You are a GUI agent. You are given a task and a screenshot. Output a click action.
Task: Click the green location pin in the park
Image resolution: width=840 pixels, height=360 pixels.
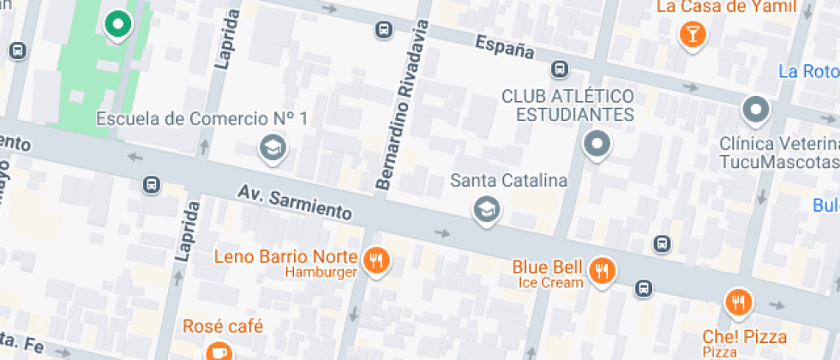click(x=117, y=24)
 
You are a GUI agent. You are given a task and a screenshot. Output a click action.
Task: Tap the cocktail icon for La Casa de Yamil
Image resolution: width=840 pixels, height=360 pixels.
click(x=691, y=33)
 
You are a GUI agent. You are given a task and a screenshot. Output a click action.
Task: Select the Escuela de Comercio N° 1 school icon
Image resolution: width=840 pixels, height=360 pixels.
click(x=273, y=148)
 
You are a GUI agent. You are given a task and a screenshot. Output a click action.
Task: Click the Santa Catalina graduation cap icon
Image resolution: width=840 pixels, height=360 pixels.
click(x=487, y=208)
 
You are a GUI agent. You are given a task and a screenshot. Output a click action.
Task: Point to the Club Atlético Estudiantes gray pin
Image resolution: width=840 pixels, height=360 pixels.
click(x=597, y=144)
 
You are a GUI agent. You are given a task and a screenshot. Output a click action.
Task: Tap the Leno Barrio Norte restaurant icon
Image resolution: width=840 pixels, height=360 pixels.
click(x=375, y=261)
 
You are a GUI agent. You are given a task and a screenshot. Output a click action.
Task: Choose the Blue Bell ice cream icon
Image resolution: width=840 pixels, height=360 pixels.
click(x=603, y=270)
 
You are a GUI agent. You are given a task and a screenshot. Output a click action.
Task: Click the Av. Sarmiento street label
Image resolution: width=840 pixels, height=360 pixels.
click(x=295, y=200)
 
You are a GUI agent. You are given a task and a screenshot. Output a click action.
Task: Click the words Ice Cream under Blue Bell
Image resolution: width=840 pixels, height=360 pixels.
click(x=550, y=282)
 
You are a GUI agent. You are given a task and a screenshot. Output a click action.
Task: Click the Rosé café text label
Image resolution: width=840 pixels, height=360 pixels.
click(x=223, y=327)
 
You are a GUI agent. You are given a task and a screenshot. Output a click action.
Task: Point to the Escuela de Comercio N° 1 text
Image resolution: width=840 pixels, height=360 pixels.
click(x=201, y=118)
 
